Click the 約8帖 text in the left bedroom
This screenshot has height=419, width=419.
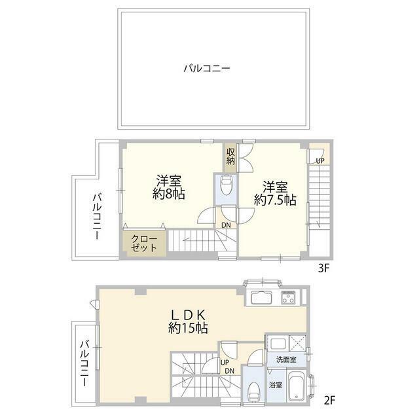(x=169, y=194)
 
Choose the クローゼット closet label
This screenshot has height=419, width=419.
(x=143, y=243)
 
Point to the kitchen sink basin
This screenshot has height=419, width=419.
(x=262, y=299)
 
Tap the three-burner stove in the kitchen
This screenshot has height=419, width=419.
(x=289, y=299)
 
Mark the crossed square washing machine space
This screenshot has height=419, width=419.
(x=297, y=343)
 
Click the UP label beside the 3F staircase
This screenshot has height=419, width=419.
(x=319, y=160)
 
